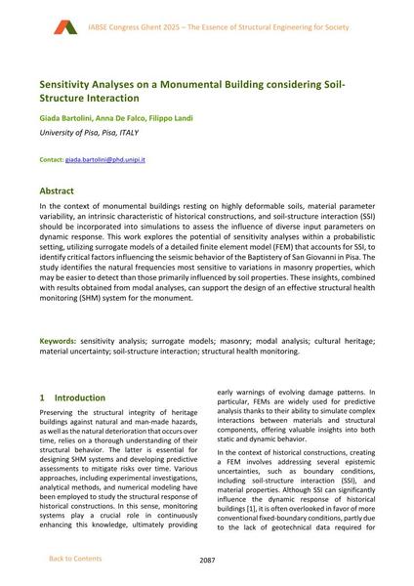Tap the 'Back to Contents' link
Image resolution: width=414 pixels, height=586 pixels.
[74, 559]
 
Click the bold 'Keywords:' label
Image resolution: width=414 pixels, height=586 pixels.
[58, 342]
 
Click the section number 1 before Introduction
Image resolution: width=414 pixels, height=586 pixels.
[42, 398]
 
